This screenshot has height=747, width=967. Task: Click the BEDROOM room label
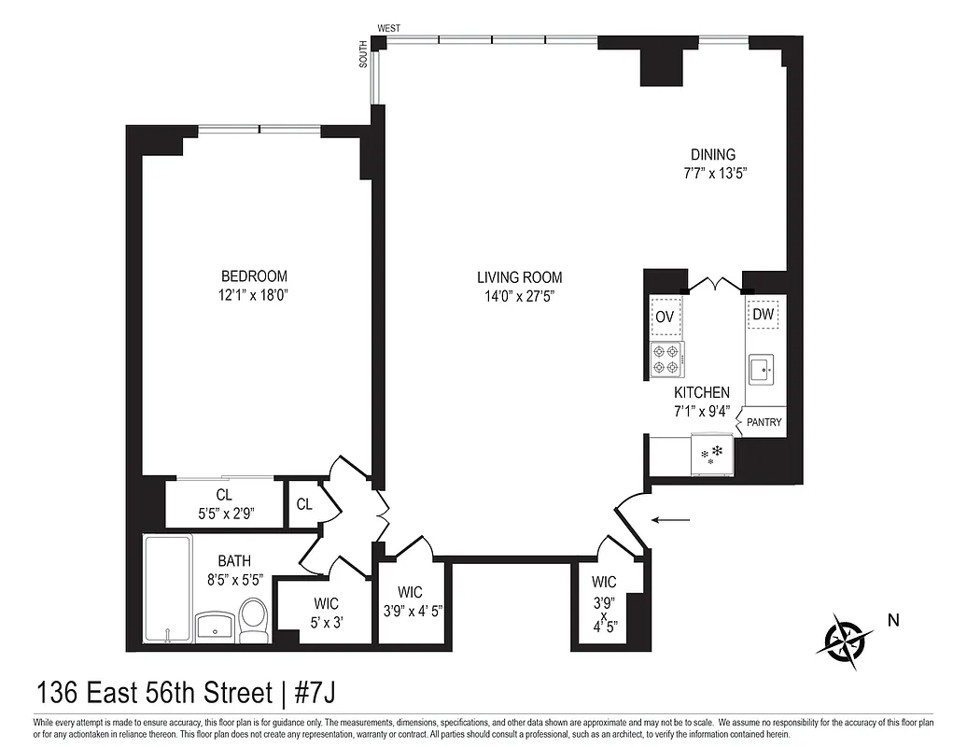pos(253,276)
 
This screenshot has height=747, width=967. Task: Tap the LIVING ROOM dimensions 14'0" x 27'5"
pos(519,296)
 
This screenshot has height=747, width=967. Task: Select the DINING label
pos(712,155)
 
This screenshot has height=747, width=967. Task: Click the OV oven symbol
pos(665,317)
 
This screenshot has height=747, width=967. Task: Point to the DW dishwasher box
pos(764,316)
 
